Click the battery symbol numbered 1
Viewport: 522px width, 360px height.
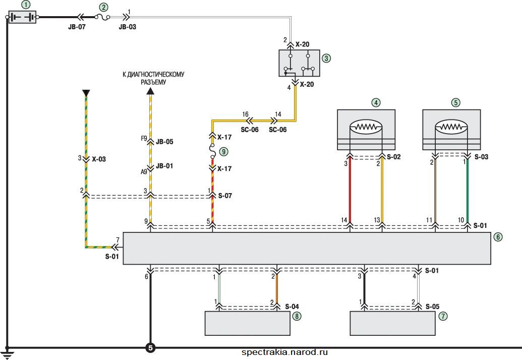click(22, 17)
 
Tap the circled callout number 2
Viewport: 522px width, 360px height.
click(104, 7)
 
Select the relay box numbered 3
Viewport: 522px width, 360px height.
click(299, 63)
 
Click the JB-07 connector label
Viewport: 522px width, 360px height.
click(77, 27)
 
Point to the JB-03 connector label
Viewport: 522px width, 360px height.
click(128, 27)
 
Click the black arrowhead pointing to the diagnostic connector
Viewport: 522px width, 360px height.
click(151, 91)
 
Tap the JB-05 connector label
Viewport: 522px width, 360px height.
click(164, 142)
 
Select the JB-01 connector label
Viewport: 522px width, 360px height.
click(164, 166)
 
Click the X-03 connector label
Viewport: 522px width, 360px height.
click(99, 159)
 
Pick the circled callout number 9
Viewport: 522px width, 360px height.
click(223, 152)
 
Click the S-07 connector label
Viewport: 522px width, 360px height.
click(225, 196)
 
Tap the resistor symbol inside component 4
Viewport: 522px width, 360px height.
click(366, 127)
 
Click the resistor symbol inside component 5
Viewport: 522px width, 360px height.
click(451, 127)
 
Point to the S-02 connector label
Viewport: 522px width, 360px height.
click(394, 157)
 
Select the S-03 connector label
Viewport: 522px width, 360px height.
click(481, 157)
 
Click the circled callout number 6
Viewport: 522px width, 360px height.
click(498, 237)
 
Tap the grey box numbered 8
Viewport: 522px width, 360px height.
click(247, 323)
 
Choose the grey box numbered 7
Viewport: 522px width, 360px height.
click(392, 323)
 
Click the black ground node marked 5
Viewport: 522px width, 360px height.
click(150, 348)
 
